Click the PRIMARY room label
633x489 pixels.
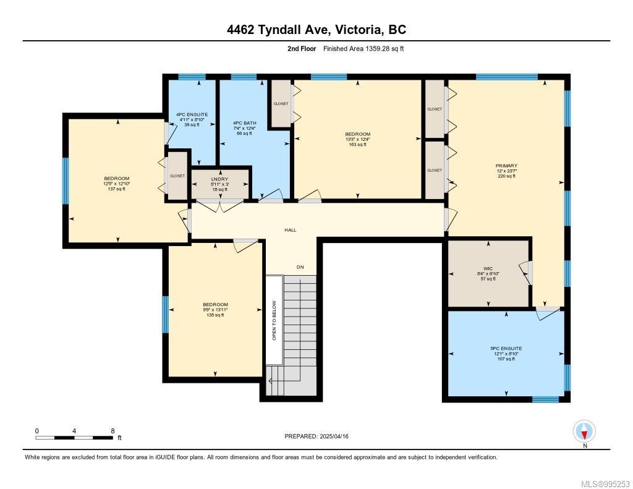(506, 166)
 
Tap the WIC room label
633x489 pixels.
(488, 268)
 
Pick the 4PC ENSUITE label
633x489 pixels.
(191, 114)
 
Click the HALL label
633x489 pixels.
(290, 230)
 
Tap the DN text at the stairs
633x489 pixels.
(300, 267)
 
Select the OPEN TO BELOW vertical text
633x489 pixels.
(274, 320)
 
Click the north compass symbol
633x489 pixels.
(584, 432)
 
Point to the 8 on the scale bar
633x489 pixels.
(112, 431)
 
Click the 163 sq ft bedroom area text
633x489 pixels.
(357, 143)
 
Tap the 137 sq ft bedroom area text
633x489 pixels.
(116, 189)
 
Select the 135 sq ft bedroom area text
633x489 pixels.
(215, 315)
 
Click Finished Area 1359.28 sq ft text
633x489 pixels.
(363, 48)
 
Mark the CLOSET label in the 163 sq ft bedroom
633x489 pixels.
(281, 103)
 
